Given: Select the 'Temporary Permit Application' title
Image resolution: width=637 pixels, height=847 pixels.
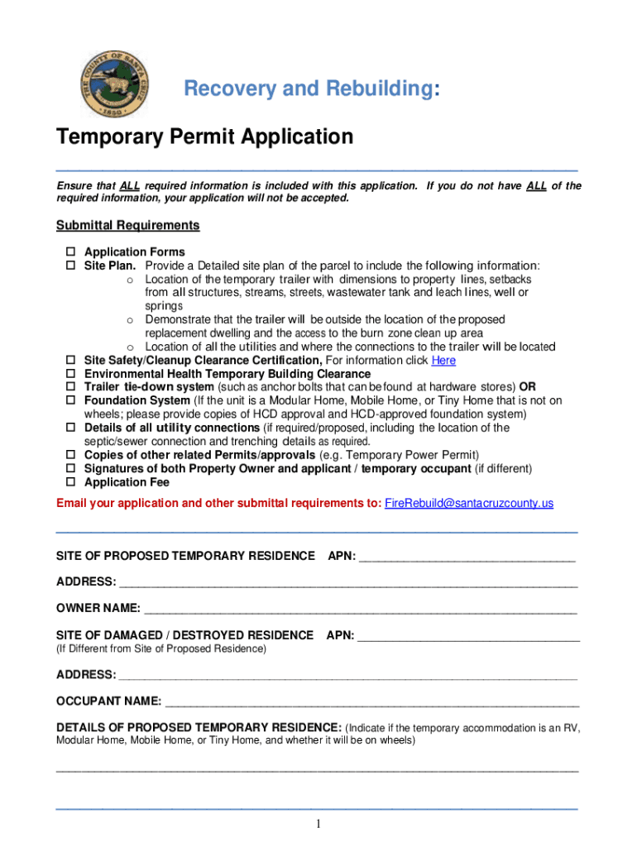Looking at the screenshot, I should [204, 136].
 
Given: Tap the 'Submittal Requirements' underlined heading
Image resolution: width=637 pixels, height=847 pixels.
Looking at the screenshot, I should [127, 225].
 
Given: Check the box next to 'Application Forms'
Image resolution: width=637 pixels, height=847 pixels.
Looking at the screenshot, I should [70, 251].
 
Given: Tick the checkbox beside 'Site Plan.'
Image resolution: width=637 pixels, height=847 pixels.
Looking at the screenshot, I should [70, 266].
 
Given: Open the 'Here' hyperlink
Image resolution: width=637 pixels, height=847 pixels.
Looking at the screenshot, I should [443, 361].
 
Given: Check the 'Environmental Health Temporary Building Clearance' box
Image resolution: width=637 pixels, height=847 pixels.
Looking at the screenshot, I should [70, 374].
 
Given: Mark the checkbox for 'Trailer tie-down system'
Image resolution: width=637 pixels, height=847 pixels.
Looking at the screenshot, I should [70, 387].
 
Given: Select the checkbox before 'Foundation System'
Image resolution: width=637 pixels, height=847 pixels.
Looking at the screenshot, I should [70, 400].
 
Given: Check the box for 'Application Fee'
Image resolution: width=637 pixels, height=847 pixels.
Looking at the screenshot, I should [70, 482].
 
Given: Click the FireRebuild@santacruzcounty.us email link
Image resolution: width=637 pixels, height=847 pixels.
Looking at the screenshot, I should [469, 503].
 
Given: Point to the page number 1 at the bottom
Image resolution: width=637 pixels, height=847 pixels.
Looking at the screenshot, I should [318, 824].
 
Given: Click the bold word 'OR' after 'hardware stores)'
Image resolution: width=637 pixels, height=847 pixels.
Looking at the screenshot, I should [527, 387].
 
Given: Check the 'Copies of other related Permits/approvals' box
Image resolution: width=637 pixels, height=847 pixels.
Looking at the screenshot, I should [70, 455].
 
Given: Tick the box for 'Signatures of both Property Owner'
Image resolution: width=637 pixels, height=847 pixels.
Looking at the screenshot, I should [70, 468].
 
